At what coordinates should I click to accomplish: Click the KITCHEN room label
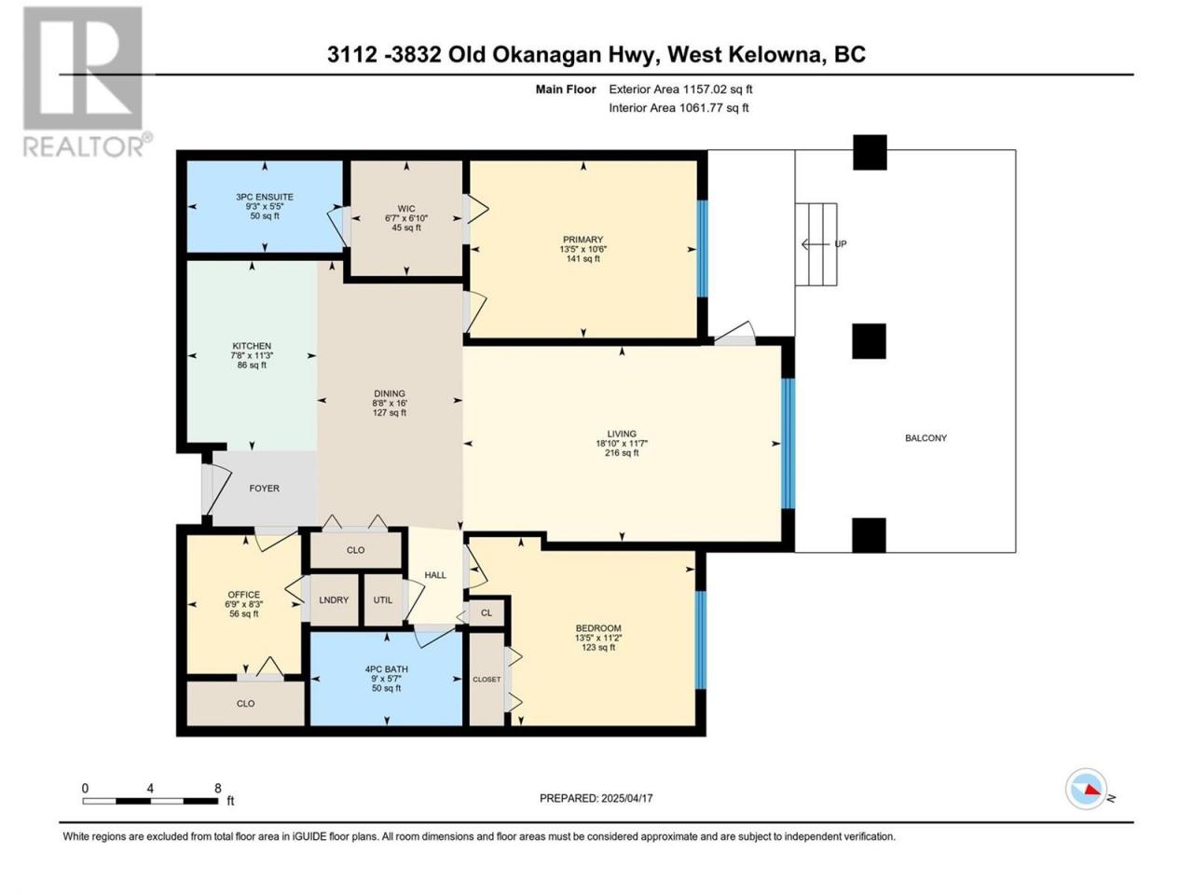point(252,346)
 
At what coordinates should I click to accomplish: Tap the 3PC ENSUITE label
point(265,197)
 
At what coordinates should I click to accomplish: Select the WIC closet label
point(406,209)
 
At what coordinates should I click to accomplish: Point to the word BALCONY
point(926,438)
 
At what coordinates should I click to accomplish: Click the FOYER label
point(264,489)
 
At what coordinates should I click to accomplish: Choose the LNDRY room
point(334,599)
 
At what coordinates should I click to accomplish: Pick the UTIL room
point(383,599)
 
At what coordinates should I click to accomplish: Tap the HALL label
point(435,575)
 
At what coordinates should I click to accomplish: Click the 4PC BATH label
point(387,669)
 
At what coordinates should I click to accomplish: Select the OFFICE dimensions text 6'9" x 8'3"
point(244,604)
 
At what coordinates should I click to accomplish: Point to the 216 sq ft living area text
point(622,453)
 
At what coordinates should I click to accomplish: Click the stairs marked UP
point(816,244)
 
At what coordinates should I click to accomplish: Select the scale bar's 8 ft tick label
point(218,788)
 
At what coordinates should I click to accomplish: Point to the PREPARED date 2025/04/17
point(626,798)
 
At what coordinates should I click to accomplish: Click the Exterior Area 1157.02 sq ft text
point(680,89)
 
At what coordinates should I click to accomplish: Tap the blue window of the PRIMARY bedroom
point(702,249)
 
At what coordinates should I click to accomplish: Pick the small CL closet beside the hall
point(487,613)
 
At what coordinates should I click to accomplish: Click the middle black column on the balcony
point(869,341)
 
